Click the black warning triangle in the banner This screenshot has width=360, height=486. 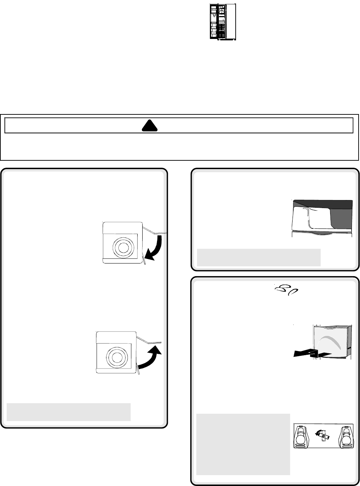149,126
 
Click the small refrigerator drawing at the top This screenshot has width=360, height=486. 223,22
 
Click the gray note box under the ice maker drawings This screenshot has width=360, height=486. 68,412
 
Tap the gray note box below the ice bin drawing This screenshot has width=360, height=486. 259,258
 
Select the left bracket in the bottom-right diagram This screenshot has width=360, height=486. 301,436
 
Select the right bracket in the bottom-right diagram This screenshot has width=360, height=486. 345,436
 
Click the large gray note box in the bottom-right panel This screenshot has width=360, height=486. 243,444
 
